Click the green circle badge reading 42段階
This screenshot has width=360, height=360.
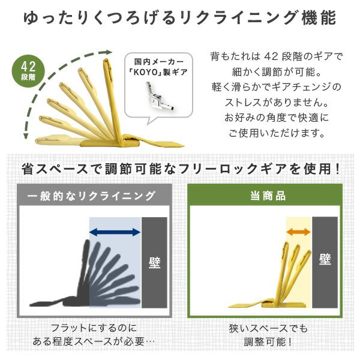28,71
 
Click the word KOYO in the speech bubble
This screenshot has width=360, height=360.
145,73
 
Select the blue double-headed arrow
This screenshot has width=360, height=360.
115,232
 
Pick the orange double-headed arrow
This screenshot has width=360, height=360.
298,232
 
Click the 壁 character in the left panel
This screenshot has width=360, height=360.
155,262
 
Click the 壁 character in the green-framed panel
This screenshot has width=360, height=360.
325,259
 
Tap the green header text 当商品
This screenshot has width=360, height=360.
268,196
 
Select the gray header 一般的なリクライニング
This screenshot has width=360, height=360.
91,196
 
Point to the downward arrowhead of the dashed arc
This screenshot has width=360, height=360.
26,136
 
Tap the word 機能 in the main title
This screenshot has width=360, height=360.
319,18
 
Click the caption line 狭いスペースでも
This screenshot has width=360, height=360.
268,329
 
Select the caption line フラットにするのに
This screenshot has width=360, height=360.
94,328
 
